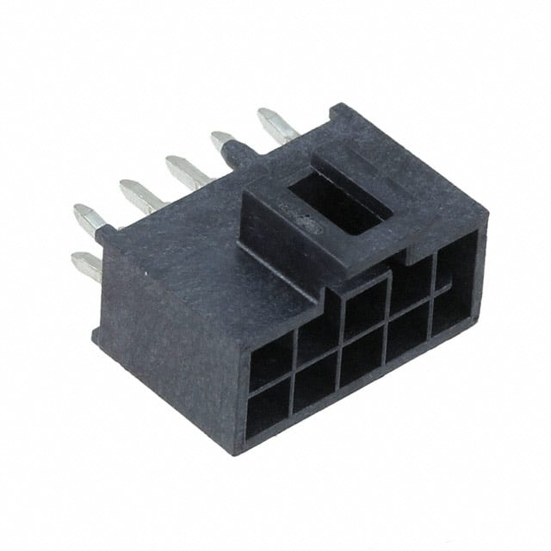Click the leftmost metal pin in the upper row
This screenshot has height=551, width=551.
[89, 218]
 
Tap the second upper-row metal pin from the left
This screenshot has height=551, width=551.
[138, 194]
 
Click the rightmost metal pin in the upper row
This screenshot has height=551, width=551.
[275, 123]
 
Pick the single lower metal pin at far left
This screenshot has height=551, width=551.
[86, 264]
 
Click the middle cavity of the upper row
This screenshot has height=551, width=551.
[365, 307]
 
